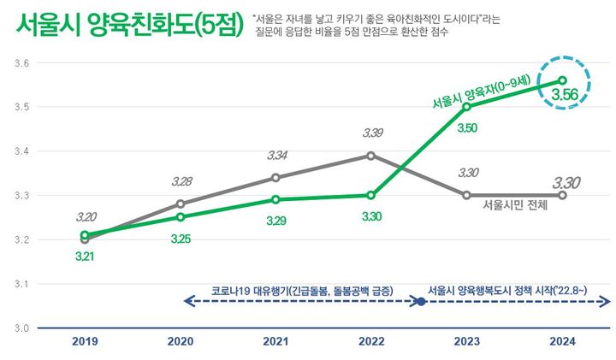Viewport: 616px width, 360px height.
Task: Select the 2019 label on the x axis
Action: (85, 342)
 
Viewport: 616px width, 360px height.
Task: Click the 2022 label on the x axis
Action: (370, 342)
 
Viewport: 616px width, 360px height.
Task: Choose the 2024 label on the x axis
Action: (562, 342)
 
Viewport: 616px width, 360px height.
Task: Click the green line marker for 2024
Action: (562, 80)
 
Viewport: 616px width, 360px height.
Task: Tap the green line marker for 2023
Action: (466, 107)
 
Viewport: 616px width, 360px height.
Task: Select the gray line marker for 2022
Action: (370, 156)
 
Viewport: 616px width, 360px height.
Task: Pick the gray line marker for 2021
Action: (275, 178)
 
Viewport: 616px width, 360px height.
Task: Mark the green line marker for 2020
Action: (180, 217)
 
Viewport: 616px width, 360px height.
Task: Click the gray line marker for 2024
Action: (562, 195)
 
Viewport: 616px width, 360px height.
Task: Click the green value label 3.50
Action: (467, 128)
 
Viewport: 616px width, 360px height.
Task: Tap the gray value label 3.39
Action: (372, 133)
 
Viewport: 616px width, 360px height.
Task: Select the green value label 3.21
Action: (85, 256)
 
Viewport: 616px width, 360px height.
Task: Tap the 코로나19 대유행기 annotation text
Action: (302, 290)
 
